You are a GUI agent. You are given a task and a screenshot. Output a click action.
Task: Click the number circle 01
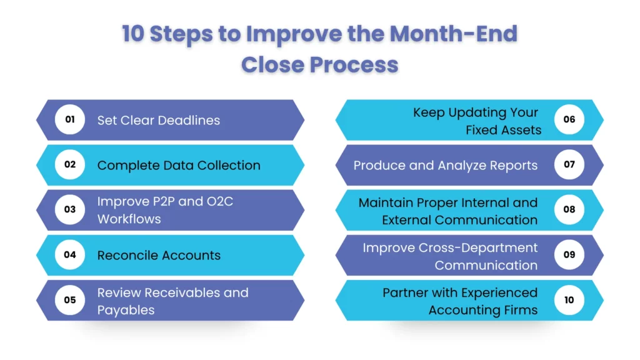pos(70,119)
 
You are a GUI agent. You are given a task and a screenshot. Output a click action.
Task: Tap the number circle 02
pos(70,164)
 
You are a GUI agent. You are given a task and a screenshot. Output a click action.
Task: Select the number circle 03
pos(70,209)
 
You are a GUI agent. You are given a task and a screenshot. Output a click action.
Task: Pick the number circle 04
pos(70,254)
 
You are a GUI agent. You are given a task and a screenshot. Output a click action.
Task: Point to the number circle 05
pos(70,299)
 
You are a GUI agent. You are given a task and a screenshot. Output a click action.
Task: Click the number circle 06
pos(569,119)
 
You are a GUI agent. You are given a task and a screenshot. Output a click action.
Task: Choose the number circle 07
pos(569,164)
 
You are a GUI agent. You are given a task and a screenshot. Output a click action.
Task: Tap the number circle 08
pos(569,209)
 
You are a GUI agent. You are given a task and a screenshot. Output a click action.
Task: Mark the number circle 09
pos(569,254)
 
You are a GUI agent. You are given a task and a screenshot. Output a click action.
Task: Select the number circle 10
pos(569,299)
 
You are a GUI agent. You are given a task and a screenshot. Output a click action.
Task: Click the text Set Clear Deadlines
pos(159,120)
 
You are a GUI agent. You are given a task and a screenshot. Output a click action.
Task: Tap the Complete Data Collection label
pos(179,165)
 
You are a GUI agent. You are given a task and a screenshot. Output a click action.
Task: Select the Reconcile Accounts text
pos(159,255)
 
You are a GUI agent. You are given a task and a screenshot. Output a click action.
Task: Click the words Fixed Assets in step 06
pos(503,130)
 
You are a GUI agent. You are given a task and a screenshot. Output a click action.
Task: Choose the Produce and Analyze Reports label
pos(445,165)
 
